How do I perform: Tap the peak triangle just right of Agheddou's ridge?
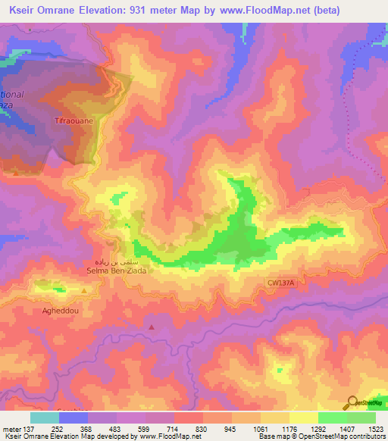coord(84,290)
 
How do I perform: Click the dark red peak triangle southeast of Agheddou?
coord(152,327)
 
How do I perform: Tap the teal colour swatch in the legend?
coord(45,418)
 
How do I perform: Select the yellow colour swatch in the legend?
coord(303,418)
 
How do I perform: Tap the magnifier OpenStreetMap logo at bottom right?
coord(352,403)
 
